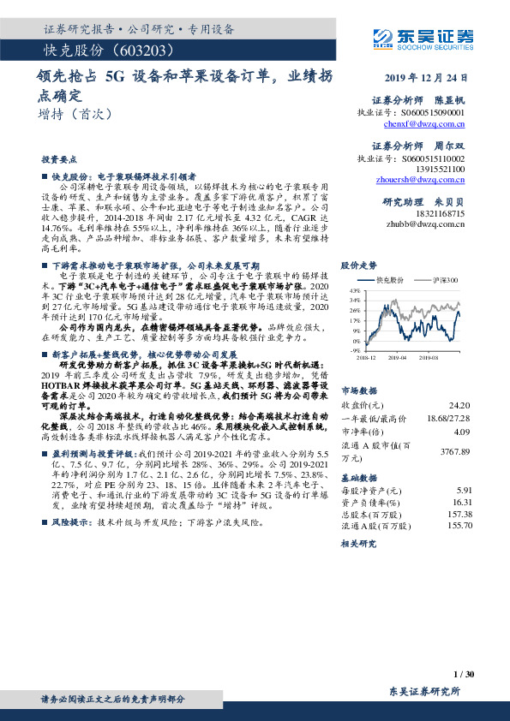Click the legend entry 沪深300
pos(447,279)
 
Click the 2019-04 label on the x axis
pos(395,357)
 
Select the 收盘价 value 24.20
pos(460,404)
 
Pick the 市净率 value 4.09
pos(463,432)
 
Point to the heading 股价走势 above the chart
pos(359,265)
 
